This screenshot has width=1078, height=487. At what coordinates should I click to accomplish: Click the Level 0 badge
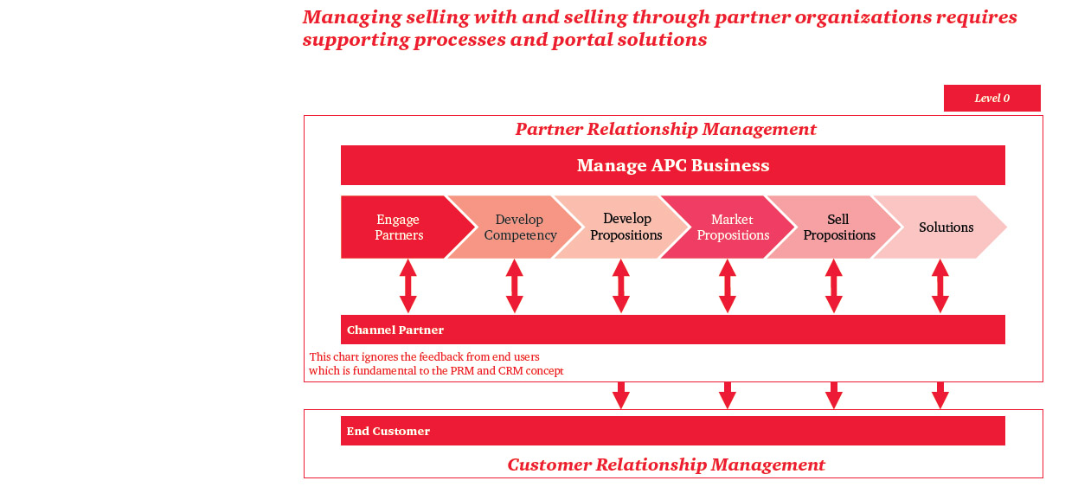pyautogui.click(x=991, y=99)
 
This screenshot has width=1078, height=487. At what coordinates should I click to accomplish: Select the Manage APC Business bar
pyautogui.click(x=672, y=165)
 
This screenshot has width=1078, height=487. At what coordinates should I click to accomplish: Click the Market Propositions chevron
pyautogui.click(x=732, y=227)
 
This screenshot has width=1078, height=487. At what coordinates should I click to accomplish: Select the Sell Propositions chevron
pyautogui.click(x=838, y=227)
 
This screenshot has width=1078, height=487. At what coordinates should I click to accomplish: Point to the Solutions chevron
pyautogui.click(x=946, y=227)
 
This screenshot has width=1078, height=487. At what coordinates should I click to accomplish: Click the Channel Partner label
pyautogui.click(x=395, y=330)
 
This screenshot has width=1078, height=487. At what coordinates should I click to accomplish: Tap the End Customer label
pyautogui.click(x=388, y=432)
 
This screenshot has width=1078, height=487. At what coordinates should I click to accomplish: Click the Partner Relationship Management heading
pyautogui.click(x=665, y=130)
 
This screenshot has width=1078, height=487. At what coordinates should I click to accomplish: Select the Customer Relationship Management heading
pyautogui.click(x=666, y=465)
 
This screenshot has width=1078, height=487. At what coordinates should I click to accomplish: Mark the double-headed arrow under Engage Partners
pyautogui.click(x=408, y=286)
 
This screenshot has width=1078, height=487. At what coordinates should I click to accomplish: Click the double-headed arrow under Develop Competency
pyautogui.click(x=515, y=286)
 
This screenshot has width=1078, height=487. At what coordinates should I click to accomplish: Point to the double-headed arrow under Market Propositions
pyautogui.click(x=728, y=286)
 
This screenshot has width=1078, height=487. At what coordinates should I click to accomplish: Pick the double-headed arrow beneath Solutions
pyautogui.click(x=940, y=286)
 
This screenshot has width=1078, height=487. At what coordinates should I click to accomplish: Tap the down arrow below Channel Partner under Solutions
pyautogui.click(x=940, y=395)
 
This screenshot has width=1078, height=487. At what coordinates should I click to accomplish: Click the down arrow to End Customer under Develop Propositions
pyautogui.click(x=621, y=395)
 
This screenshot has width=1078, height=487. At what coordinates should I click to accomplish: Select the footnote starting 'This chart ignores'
pyautogui.click(x=436, y=364)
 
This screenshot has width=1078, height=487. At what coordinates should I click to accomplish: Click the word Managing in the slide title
pyautogui.click(x=345, y=17)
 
